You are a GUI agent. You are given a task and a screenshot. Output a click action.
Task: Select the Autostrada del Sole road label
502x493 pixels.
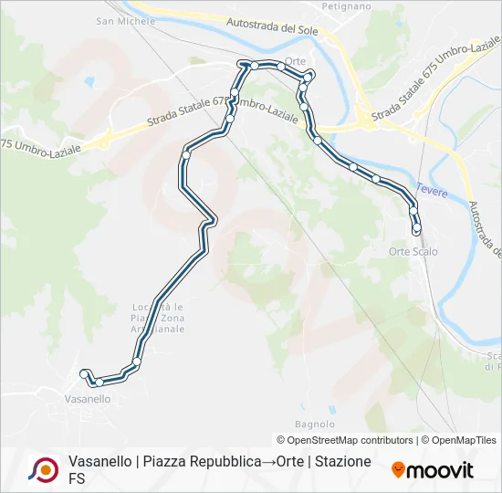(x=271, y=27)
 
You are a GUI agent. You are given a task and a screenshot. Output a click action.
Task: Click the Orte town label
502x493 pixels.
(x=295, y=61)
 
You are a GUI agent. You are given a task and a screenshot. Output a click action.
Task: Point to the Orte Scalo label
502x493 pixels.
(x=413, y=251)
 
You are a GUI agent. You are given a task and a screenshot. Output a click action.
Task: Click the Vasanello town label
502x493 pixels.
(x=88, y=399)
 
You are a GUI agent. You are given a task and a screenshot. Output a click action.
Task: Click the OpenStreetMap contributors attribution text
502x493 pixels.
(x=344, y=440)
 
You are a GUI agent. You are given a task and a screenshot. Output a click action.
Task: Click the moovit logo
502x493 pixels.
(x=433, y=470)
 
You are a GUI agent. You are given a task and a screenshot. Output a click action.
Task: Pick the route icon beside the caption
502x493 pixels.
(x=43, y=469)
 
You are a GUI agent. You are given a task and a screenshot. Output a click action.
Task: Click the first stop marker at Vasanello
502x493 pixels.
(x=84, y=373)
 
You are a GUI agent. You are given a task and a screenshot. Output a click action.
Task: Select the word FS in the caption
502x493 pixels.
(x=77, y=477)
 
